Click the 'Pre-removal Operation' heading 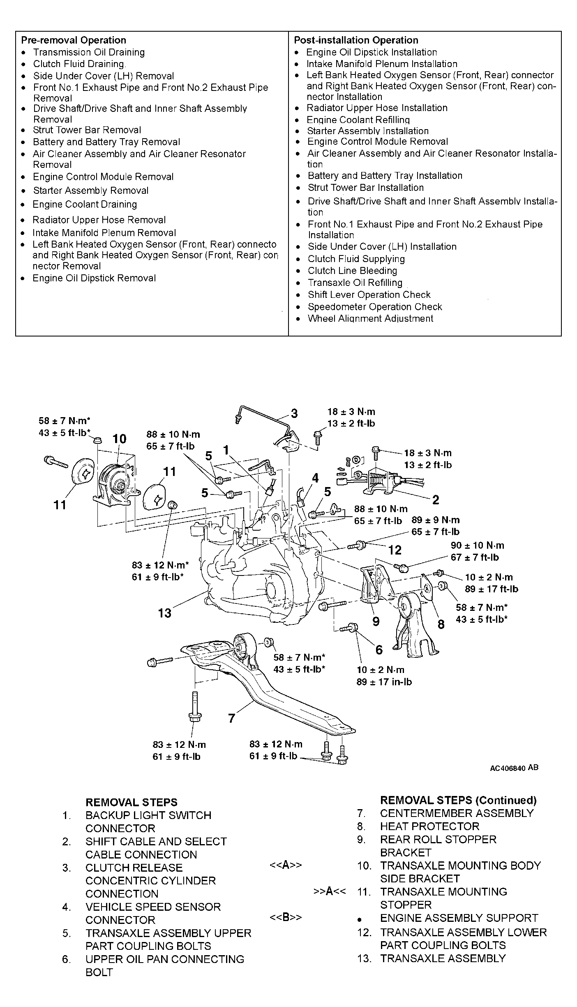[x=74, y=40]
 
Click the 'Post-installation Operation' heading [x=356, y=40]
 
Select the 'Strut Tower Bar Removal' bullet [x=87, y=130]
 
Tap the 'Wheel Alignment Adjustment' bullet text [x=371, y=318]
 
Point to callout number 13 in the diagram [x=164, y=613]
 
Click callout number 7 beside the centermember [x=231, y=718]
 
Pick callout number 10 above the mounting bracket [x=120, y=439]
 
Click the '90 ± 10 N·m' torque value [x=477, y=545]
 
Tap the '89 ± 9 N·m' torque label [x=436, y=520]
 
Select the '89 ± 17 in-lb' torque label [x=384, y=682]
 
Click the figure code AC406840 [x=508, y=768]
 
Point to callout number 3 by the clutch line [x=294, y=413]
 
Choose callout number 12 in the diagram [x=395, y=550]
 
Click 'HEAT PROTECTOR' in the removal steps [x=430, y=826]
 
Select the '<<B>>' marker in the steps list [x=286, y=918]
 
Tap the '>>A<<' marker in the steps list [x=330, y=891]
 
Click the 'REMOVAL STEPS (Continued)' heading [x=459, y=800]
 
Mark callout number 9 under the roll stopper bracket [x=376, y=621]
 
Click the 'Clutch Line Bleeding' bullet [x=353, y=271]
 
